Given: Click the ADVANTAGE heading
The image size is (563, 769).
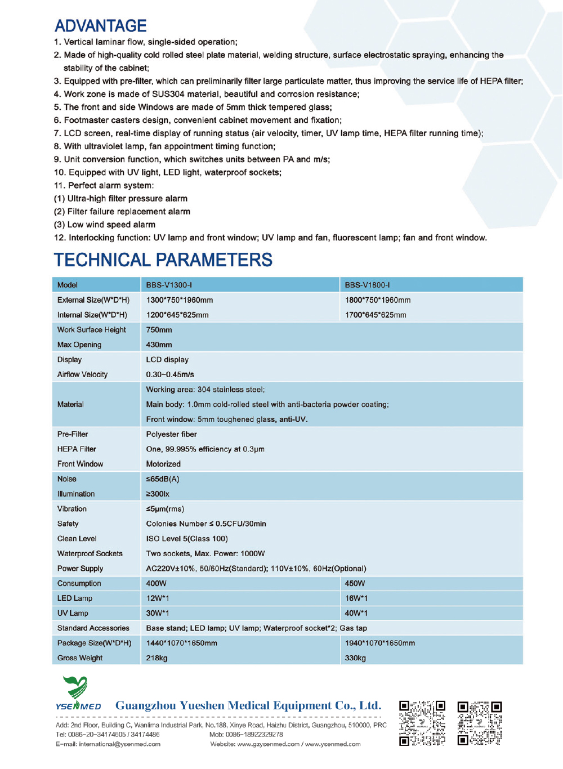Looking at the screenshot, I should (x=101, y=26).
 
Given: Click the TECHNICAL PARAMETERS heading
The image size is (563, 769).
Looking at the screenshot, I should (x=163, y=260).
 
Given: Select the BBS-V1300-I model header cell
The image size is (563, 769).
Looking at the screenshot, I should (x=169, y=285).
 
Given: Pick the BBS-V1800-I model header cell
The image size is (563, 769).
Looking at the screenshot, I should (x=367, y=285).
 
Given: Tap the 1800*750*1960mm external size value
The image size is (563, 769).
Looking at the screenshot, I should (x=378, y=300).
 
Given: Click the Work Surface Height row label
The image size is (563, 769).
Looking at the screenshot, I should (x=91, y=330).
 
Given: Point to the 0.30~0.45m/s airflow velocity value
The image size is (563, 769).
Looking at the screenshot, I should (x=170, y=374).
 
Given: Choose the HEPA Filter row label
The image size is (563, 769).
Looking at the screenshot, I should (x=77, y=449).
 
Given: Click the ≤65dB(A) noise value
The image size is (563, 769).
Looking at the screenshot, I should (x=163, y=479).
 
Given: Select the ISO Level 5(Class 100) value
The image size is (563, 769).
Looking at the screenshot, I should (x=187, y=539).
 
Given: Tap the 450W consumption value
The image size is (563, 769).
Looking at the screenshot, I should (x=355, y=584).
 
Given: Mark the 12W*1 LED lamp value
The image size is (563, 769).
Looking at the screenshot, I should (x=158, y=598).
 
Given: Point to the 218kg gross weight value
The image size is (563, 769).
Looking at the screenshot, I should (x=157, y=658).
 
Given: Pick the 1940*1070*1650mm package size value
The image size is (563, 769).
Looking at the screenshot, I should (x=380, y=643).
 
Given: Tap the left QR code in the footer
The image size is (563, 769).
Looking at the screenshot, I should (x=422, y=723).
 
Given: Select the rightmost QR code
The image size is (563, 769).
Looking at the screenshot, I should (x=479, y=723).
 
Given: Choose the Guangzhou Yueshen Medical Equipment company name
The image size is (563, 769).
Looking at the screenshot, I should (x=248, y=706).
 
